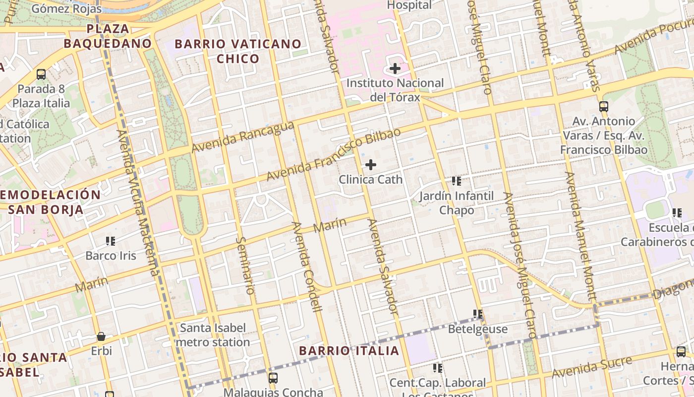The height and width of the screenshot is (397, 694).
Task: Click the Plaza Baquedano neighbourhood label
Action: click(x=107, y=36)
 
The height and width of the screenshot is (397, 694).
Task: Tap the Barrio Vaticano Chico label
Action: click(x=238, y=51)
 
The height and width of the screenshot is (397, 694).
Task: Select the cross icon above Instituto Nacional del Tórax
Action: click(x=395, y=68)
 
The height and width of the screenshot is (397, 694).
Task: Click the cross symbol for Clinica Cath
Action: click(x=370, y=165)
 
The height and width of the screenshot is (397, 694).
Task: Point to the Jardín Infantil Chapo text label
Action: click(x=457, y=202)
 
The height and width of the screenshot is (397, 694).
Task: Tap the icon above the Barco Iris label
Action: click(x=110, y=241)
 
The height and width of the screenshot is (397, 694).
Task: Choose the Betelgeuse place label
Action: click(x=478, y=329)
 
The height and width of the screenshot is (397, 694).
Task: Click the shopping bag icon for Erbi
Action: click(x=101, y=336)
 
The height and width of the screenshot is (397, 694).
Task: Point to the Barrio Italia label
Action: click(x=349, y=351)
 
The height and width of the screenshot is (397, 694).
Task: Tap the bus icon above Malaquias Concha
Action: click(x=273, y=378)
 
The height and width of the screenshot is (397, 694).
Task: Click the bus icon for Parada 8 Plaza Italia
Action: click(x=41, y=74)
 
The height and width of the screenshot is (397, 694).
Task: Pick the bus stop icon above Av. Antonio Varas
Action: click(x=603, y=106)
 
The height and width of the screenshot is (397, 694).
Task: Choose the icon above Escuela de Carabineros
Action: click(x=677, y=213)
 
